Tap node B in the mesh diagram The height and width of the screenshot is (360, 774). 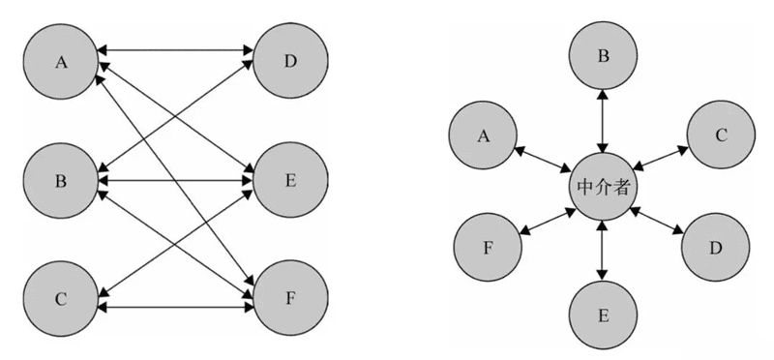(61, 180)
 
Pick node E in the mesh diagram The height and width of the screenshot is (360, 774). (290, 180)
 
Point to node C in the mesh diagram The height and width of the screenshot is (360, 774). (61, 298)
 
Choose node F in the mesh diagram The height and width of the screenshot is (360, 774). (290, 298)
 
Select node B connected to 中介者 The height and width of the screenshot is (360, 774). (603, 57)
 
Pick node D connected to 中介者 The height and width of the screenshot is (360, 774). (716, 247)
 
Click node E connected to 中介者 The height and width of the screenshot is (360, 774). (603, 315)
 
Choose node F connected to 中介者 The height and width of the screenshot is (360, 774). (487, 247)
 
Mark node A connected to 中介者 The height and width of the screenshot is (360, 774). (484, 135)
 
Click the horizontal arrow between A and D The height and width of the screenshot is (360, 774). (175, 47)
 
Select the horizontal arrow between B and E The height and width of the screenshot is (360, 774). (175, 179)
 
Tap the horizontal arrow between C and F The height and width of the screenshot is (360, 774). (175, 308)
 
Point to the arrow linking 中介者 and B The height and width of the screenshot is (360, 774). (603, 122)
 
